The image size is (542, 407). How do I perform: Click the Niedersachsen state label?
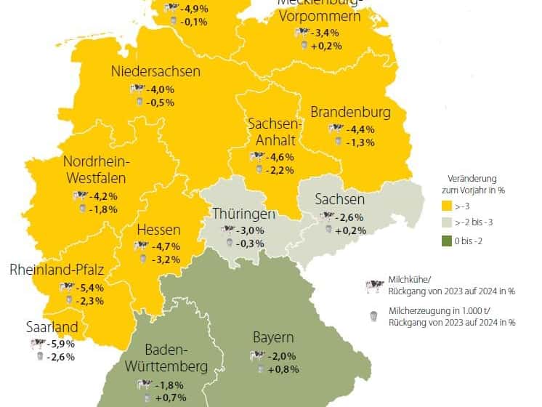pos(156,72)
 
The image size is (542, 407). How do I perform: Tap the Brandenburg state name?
pos(350,113)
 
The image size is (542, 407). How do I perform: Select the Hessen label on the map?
pos(158,230)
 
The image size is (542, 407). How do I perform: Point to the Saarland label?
pos(52,326)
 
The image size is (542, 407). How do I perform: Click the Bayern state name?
pos(273,338)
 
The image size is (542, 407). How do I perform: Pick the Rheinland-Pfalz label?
pos(57,271)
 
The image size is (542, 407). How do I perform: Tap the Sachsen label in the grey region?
pos(339,200)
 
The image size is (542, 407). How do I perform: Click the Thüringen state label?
pos(243,214)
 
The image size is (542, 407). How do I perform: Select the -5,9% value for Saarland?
pos(60,344)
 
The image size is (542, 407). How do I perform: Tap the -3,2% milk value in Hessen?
pos(167,259)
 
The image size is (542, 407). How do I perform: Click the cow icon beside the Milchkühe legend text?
pos(373,286)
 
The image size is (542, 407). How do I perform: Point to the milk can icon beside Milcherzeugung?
pos(373,315)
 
